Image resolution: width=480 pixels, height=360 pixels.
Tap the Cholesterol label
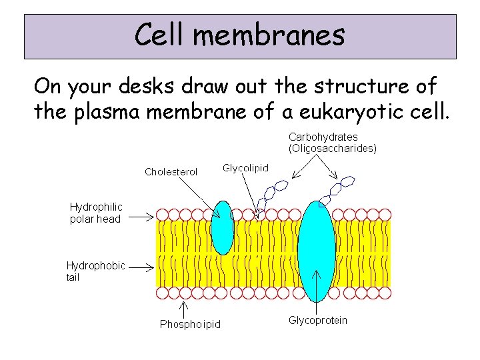tap(171, 172)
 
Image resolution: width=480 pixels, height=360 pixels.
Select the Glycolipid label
tap(245, 168)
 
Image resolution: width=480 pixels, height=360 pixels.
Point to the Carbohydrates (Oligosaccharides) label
tap(332, 143)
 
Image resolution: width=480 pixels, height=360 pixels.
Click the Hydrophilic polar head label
tap(96, 213)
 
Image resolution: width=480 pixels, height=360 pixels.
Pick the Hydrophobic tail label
tap(95, 271)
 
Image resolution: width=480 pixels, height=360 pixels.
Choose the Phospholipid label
tap(190, 325)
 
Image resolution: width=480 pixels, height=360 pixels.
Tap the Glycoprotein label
tap(318, 321)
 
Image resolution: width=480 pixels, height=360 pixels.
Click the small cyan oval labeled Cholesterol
tap(223, 228)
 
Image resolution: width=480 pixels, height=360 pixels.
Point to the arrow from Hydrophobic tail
tap(141, 265)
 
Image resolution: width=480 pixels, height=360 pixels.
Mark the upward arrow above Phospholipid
tap(185, 309)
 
